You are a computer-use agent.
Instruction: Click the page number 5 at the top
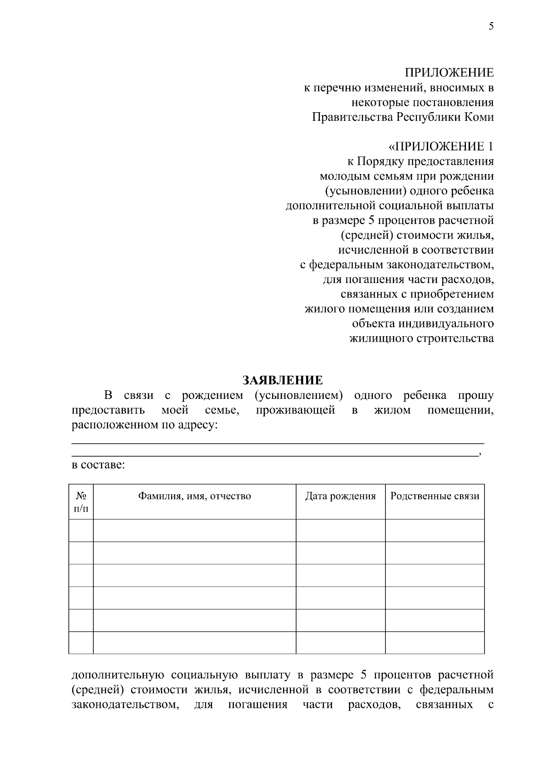click(491, 26)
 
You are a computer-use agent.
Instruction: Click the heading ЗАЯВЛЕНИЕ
click(283, 380)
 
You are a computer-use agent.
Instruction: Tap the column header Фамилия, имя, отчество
click(195, 496)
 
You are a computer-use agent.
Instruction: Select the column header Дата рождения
click(340, 496)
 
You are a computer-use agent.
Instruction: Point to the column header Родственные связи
click(435, 496)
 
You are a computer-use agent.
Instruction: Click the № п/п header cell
click(81, 502)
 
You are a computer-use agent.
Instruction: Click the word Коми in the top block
click(479, 117)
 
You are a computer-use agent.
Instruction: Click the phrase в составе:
click(98, 465)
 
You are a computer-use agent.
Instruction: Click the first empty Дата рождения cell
click(340, 530)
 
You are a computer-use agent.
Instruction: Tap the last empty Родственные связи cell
click(435, 642)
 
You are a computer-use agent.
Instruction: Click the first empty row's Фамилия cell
click(195, 530)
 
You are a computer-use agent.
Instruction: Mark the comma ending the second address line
click(480, 455)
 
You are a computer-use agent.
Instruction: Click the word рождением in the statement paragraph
click(213, 395)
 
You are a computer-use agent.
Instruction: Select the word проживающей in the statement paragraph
click(295, 410)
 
